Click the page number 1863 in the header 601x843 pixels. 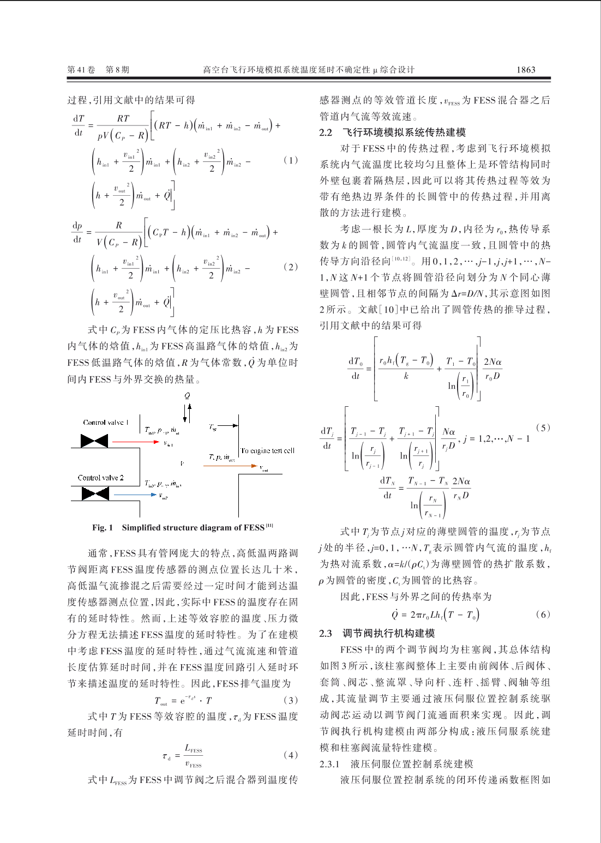525,70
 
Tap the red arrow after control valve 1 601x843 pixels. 133,442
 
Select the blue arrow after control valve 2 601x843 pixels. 134,496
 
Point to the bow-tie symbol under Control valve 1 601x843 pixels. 94,441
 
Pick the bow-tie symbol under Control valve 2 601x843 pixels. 95,493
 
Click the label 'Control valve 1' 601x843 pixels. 106,423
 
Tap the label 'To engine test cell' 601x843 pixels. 267,451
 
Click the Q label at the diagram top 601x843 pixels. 187,396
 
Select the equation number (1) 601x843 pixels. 291,160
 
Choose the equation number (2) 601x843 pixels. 291,267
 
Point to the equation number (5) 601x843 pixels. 543,428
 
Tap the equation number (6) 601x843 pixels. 543,615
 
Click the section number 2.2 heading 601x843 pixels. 326,133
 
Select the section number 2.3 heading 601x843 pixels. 326,633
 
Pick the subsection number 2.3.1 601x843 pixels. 329,764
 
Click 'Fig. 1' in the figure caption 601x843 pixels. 103,528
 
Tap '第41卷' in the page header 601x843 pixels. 81,70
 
